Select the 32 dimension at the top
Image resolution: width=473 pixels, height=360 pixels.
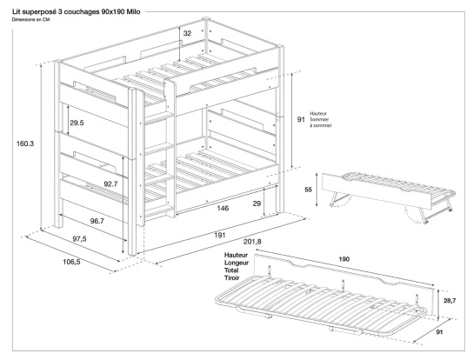(187, 35)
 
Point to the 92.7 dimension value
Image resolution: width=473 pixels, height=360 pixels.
(110, 185)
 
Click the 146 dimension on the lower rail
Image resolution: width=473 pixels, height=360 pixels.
(223, 209)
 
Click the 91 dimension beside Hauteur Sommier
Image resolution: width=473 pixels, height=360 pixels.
(301, 120)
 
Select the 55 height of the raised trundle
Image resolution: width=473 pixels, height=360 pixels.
(310, 189)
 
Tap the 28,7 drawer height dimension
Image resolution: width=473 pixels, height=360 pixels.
(449, 298)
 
